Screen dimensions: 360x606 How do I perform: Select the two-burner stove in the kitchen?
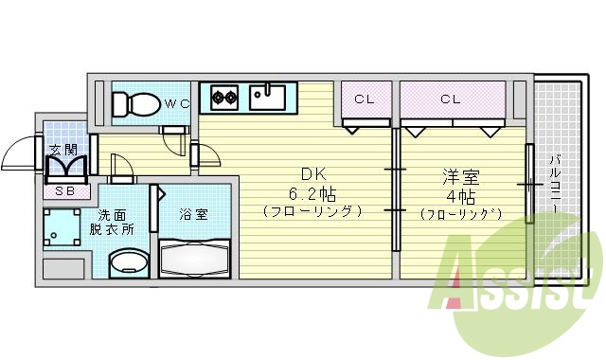pyautogui.click(x=224, y=95)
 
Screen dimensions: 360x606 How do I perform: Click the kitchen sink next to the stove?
pyautogui.click(x=268, y=95)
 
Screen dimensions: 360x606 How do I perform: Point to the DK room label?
pyautogui.click(x=313, y=175)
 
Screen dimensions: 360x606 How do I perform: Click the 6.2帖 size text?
pyautogui.click(x=313, y=193)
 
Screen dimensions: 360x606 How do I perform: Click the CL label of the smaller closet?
pyautogui.click(x=365, y=99)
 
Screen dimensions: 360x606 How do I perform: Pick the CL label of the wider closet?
pyautogui.click(x=450, y=99)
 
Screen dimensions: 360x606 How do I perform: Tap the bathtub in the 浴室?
pyautogui.click(x=196, y=257)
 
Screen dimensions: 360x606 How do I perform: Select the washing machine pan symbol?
pyautogui.click(x=63, y=228)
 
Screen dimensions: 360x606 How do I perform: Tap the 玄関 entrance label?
pyautogui.click(x=63, y=150)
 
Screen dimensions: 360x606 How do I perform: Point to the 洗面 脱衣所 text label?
pyautogui.click(x=112, y=222)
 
